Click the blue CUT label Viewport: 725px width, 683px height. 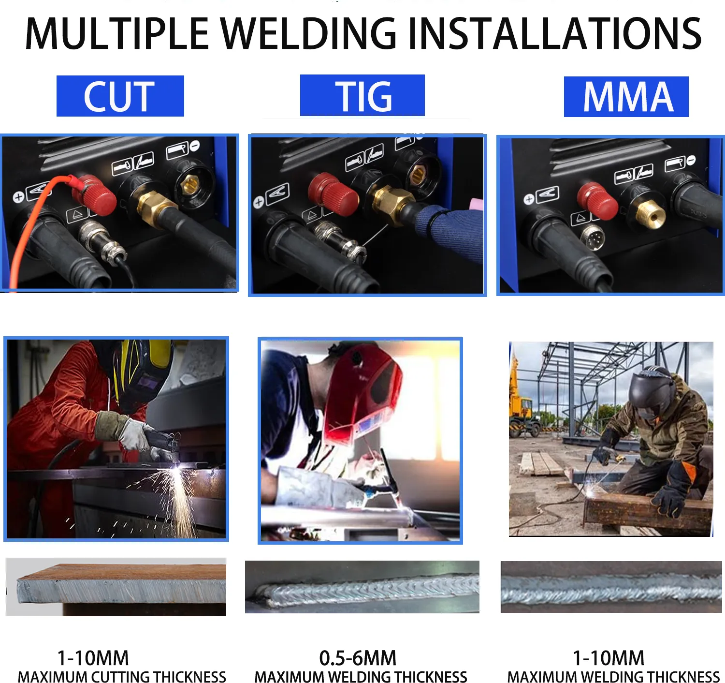(120, 96)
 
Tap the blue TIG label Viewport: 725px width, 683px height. (362, 96)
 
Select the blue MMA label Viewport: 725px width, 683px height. (626, 97)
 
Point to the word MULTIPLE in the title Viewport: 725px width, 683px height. (116, 34)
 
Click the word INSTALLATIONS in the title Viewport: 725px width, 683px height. (555, 34)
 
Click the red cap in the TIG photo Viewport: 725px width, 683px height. (333, 193)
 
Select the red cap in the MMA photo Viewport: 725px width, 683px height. (597, 200)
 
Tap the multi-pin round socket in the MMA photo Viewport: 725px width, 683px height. (593, 237)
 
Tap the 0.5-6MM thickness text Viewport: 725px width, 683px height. (358, 658)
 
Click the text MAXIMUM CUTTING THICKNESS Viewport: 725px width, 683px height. (122, 677)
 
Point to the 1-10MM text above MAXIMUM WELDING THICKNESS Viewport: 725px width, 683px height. (609, 658)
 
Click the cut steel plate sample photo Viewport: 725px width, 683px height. (116, 586)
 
